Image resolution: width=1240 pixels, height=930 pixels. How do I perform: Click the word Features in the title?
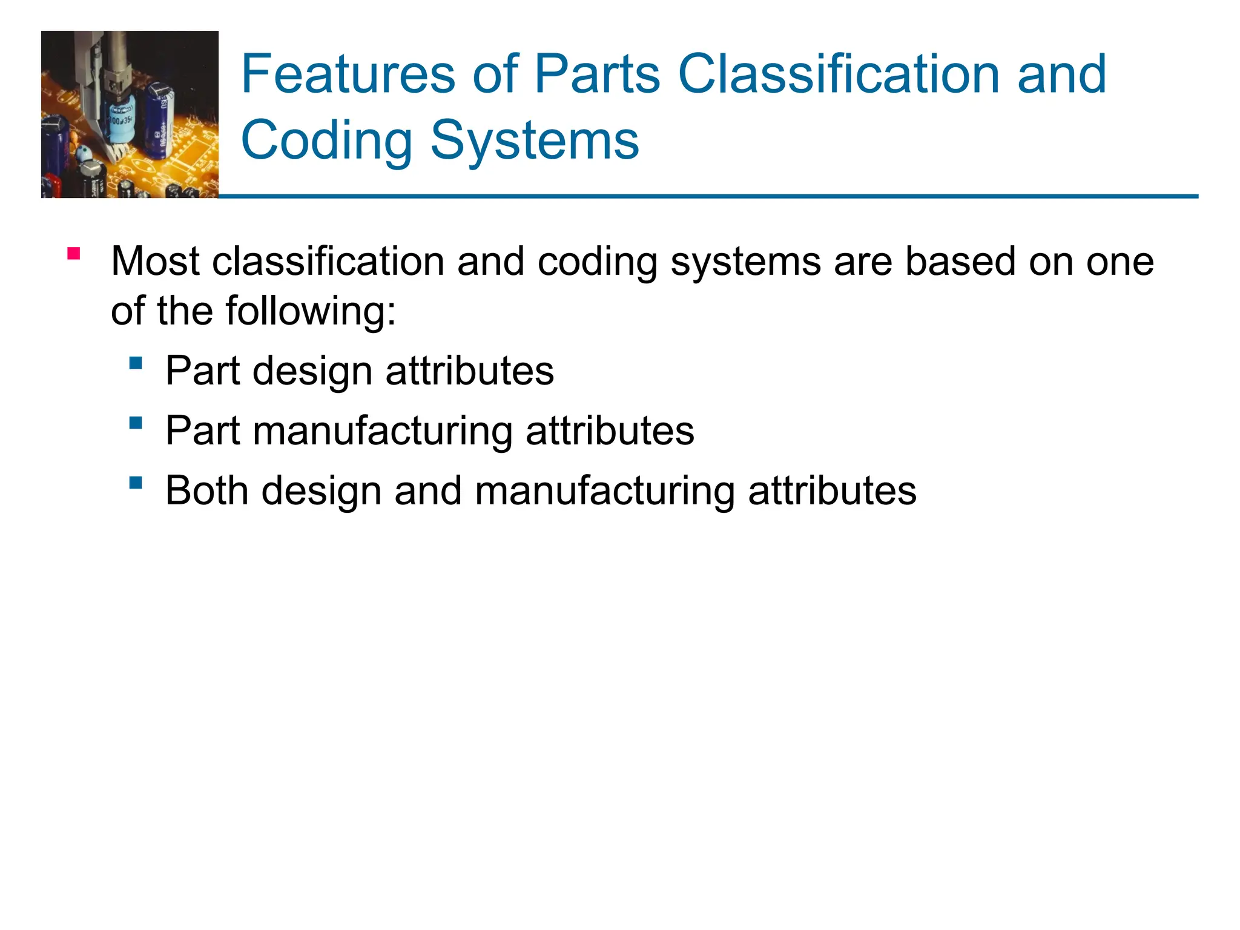click(348, 74)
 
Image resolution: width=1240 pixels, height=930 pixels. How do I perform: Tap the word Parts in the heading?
click(597, 74)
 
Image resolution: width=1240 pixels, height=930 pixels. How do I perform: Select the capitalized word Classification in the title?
click(838, 74)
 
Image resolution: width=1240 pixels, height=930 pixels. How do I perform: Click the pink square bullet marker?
click(74, 254)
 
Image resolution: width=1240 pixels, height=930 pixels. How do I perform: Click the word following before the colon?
click(306, 311)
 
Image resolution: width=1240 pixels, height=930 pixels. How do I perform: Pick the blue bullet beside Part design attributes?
click(136, 363)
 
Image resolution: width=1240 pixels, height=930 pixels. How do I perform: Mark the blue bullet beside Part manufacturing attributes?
click(136, 423)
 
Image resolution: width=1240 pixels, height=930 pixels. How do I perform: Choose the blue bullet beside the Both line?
click(136, 483)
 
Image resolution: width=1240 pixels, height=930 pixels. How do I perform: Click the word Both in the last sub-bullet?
click(206, 490)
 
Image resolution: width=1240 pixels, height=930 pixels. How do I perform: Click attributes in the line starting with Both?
click(832, 490)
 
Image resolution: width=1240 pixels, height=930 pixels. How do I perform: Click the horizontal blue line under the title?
click(708, 196)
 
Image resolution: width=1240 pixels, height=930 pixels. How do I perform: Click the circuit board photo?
click(130, 114)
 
